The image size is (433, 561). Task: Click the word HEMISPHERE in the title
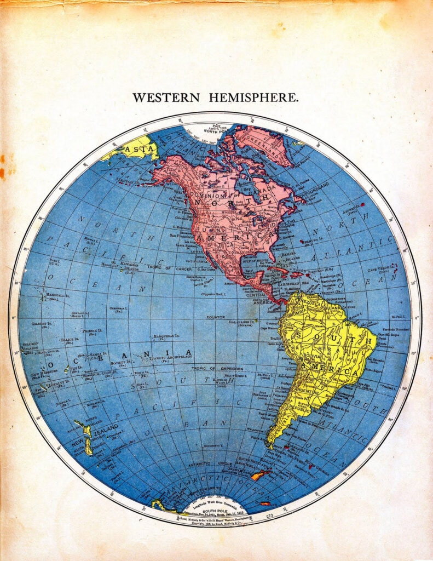(x=253, y=98)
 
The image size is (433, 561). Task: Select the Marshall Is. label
(x=57, y=296)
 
